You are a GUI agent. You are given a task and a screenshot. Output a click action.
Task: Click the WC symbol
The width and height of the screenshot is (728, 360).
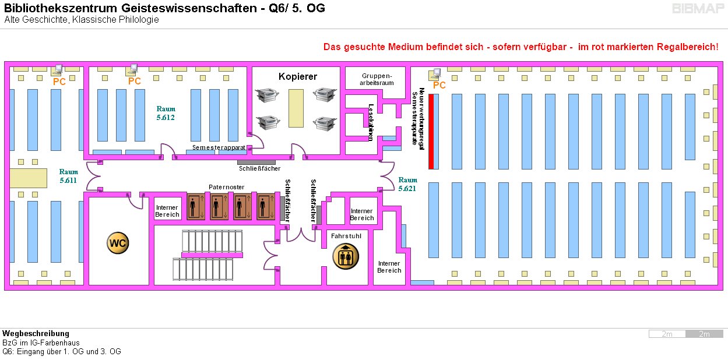coord(117,243)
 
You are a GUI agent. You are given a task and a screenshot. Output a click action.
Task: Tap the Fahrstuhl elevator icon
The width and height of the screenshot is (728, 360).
coord(346,256)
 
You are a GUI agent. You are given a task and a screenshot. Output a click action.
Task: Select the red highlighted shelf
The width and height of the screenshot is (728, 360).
coord(431,131)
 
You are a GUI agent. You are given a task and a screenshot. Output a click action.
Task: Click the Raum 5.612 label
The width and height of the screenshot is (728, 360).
coord(166,113)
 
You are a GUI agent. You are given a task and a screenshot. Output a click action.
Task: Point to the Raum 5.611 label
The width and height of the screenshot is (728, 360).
coord(68,176)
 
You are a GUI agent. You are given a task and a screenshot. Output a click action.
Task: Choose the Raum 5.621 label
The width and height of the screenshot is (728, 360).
coord(408,184)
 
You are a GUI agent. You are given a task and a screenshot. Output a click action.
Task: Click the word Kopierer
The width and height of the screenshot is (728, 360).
coord(297,77)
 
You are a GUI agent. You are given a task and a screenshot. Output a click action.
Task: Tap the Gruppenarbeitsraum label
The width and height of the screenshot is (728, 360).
coord(377,79)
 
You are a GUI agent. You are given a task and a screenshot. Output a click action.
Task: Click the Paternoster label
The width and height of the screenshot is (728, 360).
coord(226,187)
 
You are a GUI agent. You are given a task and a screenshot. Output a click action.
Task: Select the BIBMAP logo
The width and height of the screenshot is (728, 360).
coord(698,9)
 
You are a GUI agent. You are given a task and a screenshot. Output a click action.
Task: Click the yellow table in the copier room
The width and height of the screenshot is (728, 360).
coord(296,108)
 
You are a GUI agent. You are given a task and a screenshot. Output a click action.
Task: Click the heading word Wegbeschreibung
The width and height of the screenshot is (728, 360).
coord(36,334)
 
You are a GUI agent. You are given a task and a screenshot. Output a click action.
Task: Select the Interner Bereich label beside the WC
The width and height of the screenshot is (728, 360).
coord(167,211)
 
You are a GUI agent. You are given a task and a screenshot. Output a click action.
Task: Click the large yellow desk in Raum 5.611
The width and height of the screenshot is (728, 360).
coord(28,178)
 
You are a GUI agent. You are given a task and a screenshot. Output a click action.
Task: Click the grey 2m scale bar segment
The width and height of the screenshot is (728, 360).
coord(704,334)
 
